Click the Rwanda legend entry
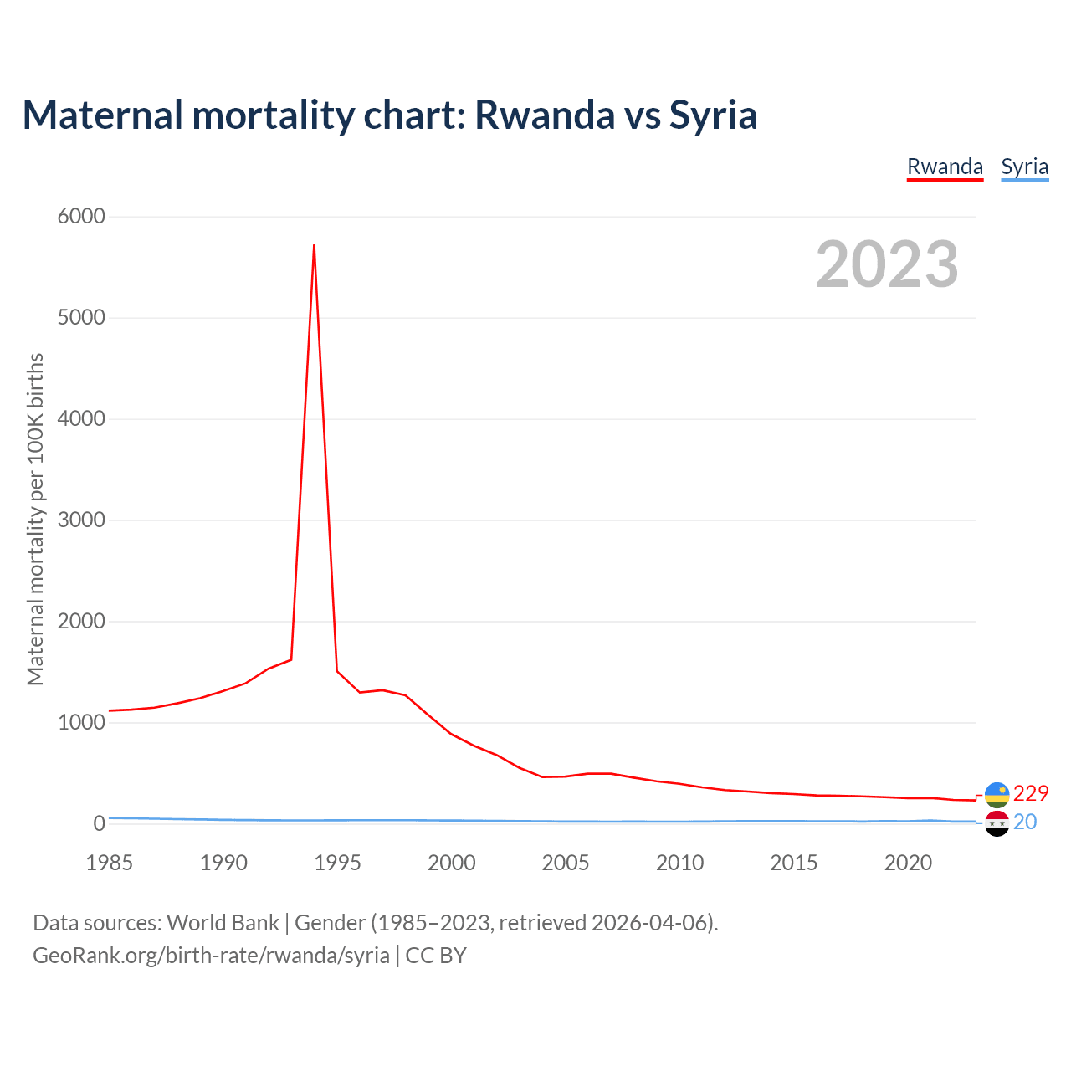click(945, 167)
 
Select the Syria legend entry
click(1024, 167)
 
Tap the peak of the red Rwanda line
click(314, 245)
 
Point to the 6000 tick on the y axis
click(81, 217)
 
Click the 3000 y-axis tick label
click(81, 520)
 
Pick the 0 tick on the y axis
click(100, 823)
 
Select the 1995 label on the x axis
click(337, 863)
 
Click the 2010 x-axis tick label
click(679, 863)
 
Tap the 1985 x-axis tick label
click(110, 863)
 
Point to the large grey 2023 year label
click(887, 264)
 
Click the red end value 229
click(1030, 793)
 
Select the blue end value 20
click(1025, 822)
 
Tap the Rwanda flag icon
click(997, 794)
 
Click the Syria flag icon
click(997, 823)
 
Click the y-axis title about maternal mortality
click(35, 519)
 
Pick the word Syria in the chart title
click(713, 115)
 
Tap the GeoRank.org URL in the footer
click(211, 956)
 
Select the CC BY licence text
click(436, 956)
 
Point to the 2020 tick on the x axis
click(908, 863)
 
